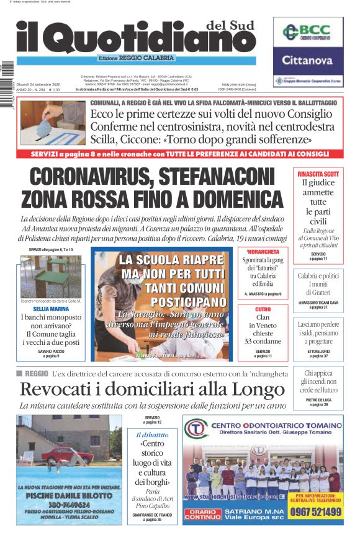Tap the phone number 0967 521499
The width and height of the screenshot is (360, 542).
pos(315,512)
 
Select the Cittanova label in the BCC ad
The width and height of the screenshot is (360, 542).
pos(308,61)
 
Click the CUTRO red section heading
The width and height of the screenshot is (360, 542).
pos(263,309)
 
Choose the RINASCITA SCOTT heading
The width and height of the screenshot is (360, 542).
pos(318,174)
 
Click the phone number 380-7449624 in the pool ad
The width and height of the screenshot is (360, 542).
pos(70,505)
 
